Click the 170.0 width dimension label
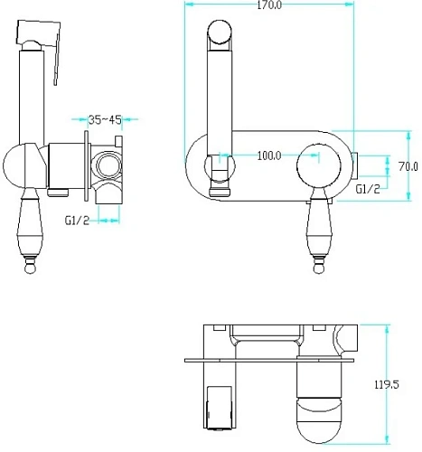tap(269, 5)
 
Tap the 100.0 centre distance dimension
tap(269, 155)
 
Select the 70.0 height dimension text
tap(408, 166)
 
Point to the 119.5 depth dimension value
tap(387, 384)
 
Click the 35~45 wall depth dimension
tap(105, 119)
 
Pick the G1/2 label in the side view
tap(77, 221)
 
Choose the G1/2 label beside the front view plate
tap(368, 189)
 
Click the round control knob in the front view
tap(319, 165)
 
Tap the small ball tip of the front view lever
tap(319, 268)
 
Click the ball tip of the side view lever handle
tap(31, 268)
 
